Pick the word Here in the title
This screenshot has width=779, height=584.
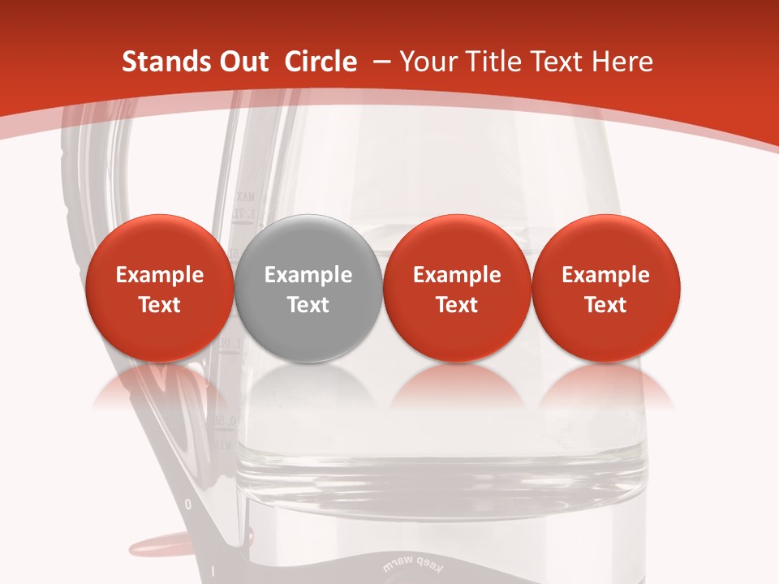tap(625, 62)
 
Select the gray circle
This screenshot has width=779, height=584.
tap(308, 288)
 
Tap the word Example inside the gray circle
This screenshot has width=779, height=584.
tap(308, 275)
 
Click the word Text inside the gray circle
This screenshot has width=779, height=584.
tap(308, 305)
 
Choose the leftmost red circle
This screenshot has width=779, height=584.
tap(159, 288)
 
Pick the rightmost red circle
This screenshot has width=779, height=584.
tap(605, 288)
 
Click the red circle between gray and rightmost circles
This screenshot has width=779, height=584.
tap(457, 288)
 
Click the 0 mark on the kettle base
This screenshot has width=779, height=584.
tap(188, 505)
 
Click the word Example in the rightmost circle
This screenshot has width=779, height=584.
tap(605, 275)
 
